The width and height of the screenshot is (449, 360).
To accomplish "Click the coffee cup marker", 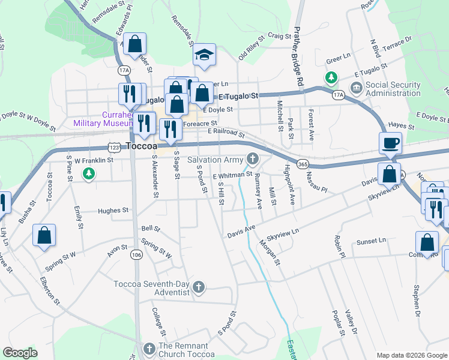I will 390,143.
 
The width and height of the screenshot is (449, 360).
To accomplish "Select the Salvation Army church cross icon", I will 253,159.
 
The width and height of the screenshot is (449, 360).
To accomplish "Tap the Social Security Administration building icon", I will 356,89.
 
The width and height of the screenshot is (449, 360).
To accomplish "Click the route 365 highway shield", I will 303,164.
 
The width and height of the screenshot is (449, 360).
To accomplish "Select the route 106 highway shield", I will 137,255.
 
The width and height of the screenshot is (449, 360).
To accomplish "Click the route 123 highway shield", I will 115,146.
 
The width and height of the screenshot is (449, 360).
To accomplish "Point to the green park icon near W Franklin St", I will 89,174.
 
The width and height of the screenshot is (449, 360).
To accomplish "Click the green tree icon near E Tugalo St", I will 330,77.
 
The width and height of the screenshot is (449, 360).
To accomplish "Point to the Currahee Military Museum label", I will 101,118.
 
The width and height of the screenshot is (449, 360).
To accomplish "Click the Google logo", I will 20,352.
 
